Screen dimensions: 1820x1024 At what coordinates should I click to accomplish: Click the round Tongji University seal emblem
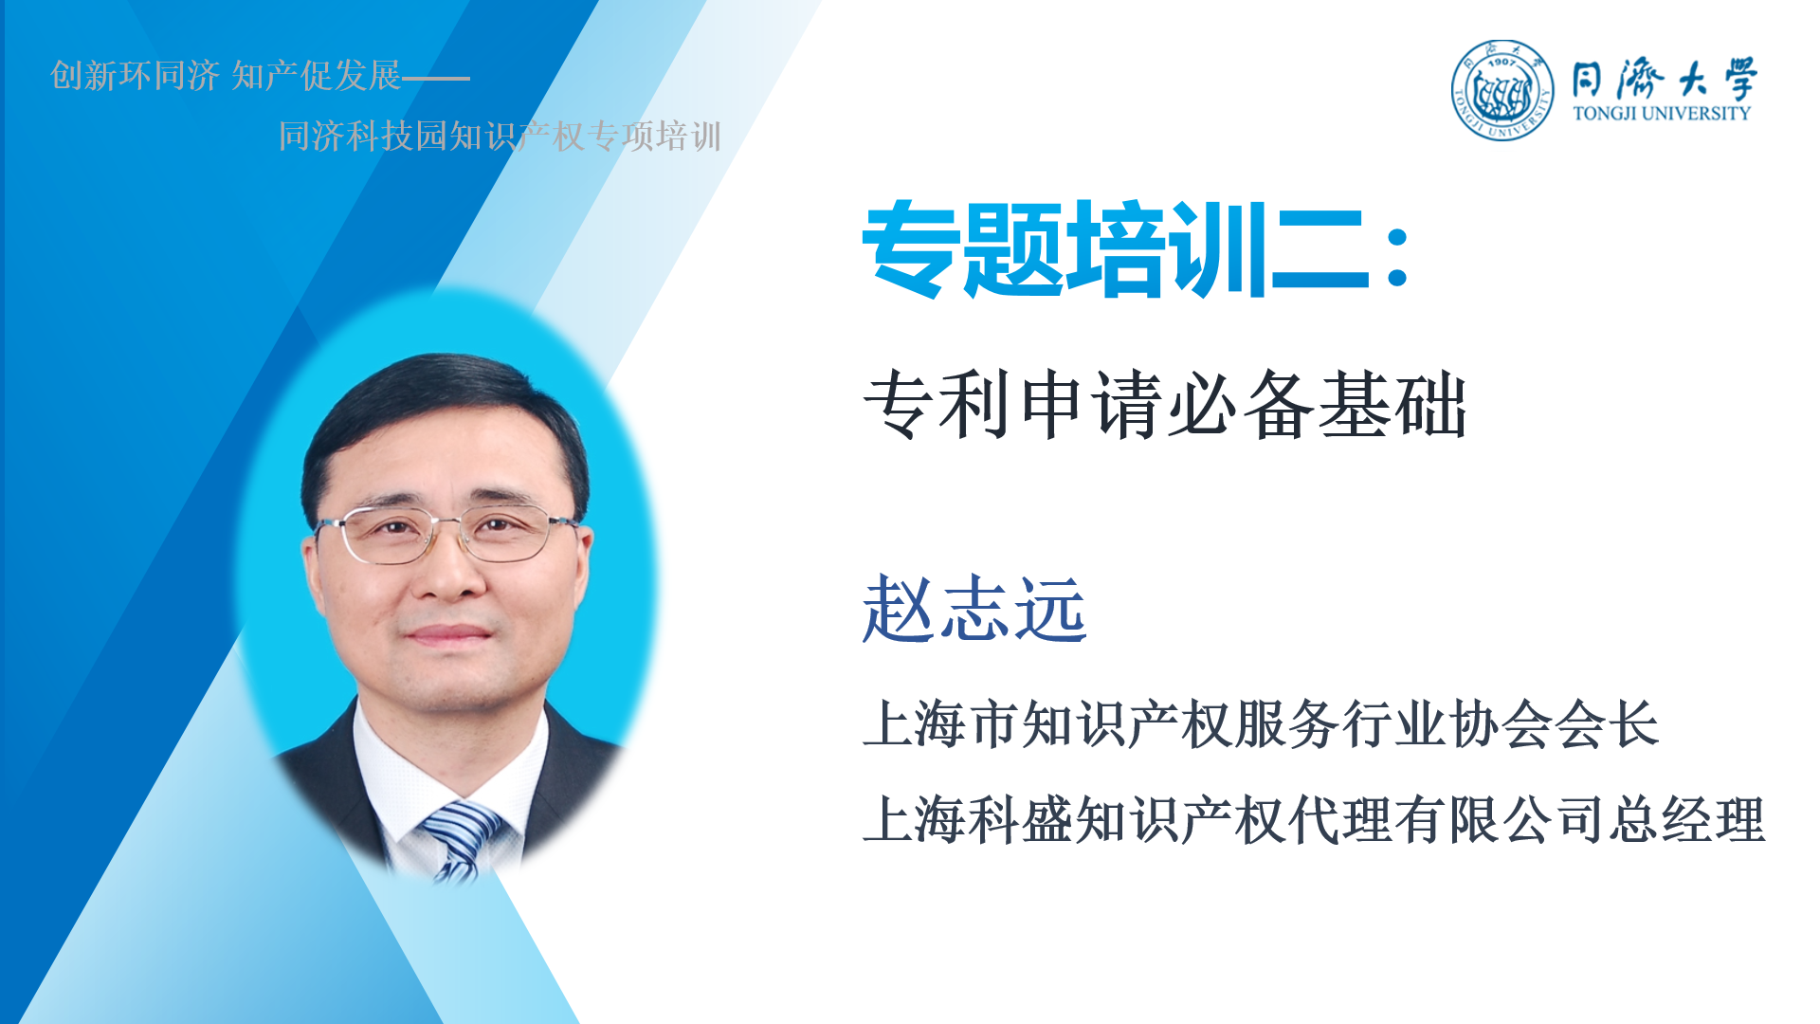(x=1502, y=90)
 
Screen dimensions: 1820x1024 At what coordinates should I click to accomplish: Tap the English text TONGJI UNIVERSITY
(x=1662, y=113)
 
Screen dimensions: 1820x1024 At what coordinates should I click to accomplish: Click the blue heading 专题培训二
(x=1116, y=248)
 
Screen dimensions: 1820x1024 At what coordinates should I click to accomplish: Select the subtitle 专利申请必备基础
(x=1166, y=405)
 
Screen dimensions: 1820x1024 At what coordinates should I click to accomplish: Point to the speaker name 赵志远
(x=974, y=609)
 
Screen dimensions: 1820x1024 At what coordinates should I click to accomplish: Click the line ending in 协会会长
(x=1261, y=724)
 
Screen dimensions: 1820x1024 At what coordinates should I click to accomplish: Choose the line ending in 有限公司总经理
(x=1314, y=820)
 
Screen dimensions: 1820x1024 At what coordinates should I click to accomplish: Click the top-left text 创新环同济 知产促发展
(x=226, y=75)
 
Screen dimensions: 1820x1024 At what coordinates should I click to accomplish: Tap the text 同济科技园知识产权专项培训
(x=500, y=136)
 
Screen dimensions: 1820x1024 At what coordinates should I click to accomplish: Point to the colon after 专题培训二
(x=1396, y=253)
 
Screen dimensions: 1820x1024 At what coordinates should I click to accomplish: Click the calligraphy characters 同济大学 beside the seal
(x=1665, y=78)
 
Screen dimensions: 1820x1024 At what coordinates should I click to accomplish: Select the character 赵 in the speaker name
(x=898, y=609)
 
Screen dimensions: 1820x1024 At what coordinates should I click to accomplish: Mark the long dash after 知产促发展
(x=436, y=78)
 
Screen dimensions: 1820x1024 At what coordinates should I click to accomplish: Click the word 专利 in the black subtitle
(x=937, y=405)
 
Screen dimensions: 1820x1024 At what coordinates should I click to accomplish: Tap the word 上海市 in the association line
(x=942, y=724)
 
